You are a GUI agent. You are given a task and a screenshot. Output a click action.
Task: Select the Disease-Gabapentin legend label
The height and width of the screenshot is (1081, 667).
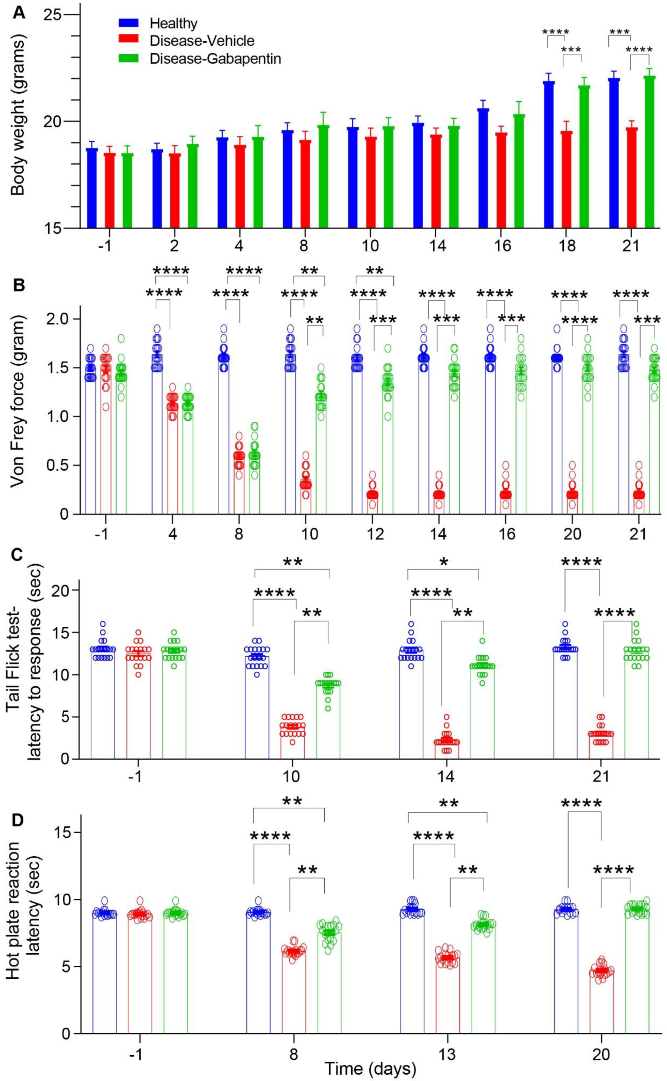(215, 59)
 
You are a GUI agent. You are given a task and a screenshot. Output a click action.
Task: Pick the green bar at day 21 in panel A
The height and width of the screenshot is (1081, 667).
(649, 152)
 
